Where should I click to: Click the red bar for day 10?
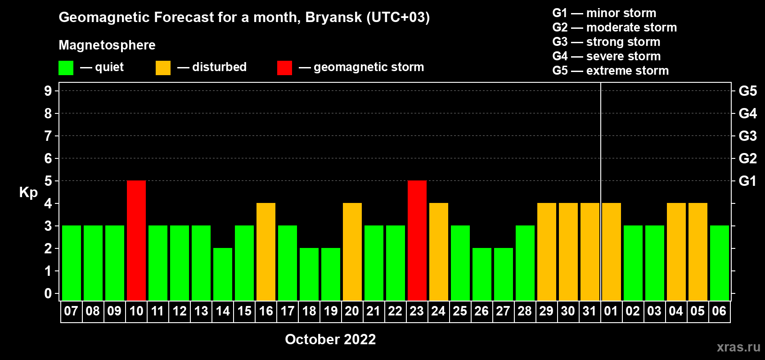(136, 240)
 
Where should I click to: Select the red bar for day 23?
(417, 240)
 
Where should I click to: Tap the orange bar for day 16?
(265, 252)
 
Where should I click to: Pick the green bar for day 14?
(223, 274)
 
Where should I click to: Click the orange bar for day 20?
(352, 252)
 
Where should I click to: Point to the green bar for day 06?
(719, 263)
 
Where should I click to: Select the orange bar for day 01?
(611, 252)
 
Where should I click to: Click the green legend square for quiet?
(66, 67)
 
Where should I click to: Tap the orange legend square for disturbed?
(163, 67)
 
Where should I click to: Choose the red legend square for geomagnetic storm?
(284, 67)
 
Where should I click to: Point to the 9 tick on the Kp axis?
(48, 91)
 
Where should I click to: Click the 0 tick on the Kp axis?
(48, 293)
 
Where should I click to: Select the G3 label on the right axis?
(747, 136)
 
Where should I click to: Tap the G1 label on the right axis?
(747, 181)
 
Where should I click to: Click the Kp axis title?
(28, 192)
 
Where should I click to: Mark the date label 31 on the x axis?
(589, 311)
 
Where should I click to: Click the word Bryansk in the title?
(333, 17)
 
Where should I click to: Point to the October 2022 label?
(330, 339)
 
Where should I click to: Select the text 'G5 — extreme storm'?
(610, 70)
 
